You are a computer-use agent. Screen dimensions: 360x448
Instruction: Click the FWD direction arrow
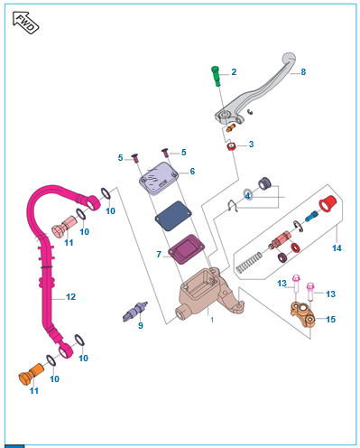(26, 23)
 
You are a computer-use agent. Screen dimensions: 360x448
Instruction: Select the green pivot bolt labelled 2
(216, 77)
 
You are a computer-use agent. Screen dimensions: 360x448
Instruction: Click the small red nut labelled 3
(231, 146)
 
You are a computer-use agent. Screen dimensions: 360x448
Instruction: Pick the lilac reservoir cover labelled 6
(159, 179)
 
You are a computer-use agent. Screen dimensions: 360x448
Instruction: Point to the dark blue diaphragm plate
(173, 216)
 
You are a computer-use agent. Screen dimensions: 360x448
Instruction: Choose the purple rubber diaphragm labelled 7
(186, 249)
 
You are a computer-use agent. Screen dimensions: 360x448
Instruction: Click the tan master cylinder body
(208, 294)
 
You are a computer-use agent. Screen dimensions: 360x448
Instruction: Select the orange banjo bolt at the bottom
(31, 374)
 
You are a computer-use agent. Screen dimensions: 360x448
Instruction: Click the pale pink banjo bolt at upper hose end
(64, 227)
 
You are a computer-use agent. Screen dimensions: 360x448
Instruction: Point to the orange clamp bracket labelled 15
(303, 316)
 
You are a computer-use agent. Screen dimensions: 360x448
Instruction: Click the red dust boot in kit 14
(328, 203)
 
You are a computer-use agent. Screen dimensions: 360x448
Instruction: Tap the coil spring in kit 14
(249, 262)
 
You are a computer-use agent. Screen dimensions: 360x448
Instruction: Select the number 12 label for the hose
(71, 297)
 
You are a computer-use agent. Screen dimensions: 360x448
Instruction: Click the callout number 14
(337, 248)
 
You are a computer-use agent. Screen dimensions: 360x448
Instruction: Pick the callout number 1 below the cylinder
(212, 320)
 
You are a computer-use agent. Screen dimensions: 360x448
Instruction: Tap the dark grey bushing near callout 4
(264, 183)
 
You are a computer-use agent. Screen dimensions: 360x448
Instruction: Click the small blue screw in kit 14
(311, 216)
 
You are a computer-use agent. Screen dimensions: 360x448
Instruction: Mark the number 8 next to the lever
(303, 72)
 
